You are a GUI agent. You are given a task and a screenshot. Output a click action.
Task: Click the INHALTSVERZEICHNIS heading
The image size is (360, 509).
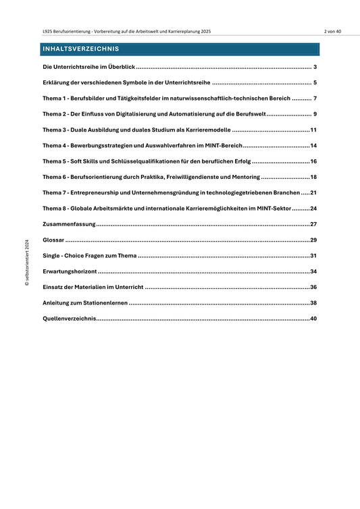click(x=80, y=49)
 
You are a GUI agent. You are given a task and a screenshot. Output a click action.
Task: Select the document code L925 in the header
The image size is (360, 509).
click(x=47, y=32)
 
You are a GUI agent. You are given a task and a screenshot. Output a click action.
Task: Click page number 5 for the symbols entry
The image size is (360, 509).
click(x=315, y=84)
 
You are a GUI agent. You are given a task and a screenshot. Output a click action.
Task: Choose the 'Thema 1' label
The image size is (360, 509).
click(x=55, y=99)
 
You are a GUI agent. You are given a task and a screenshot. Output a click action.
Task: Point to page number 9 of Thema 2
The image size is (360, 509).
click(x=315, y=114)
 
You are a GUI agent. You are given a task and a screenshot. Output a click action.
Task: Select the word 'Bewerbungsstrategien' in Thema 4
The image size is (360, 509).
click(x=103, y=145)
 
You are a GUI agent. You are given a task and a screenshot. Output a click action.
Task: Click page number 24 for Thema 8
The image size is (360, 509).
click(x=313, y=208)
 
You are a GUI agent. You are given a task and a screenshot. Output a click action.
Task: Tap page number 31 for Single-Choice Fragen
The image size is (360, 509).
click(x=313, y=255)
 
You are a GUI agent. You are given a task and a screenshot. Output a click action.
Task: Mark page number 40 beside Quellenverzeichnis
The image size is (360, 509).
click(x=313, y=318)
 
